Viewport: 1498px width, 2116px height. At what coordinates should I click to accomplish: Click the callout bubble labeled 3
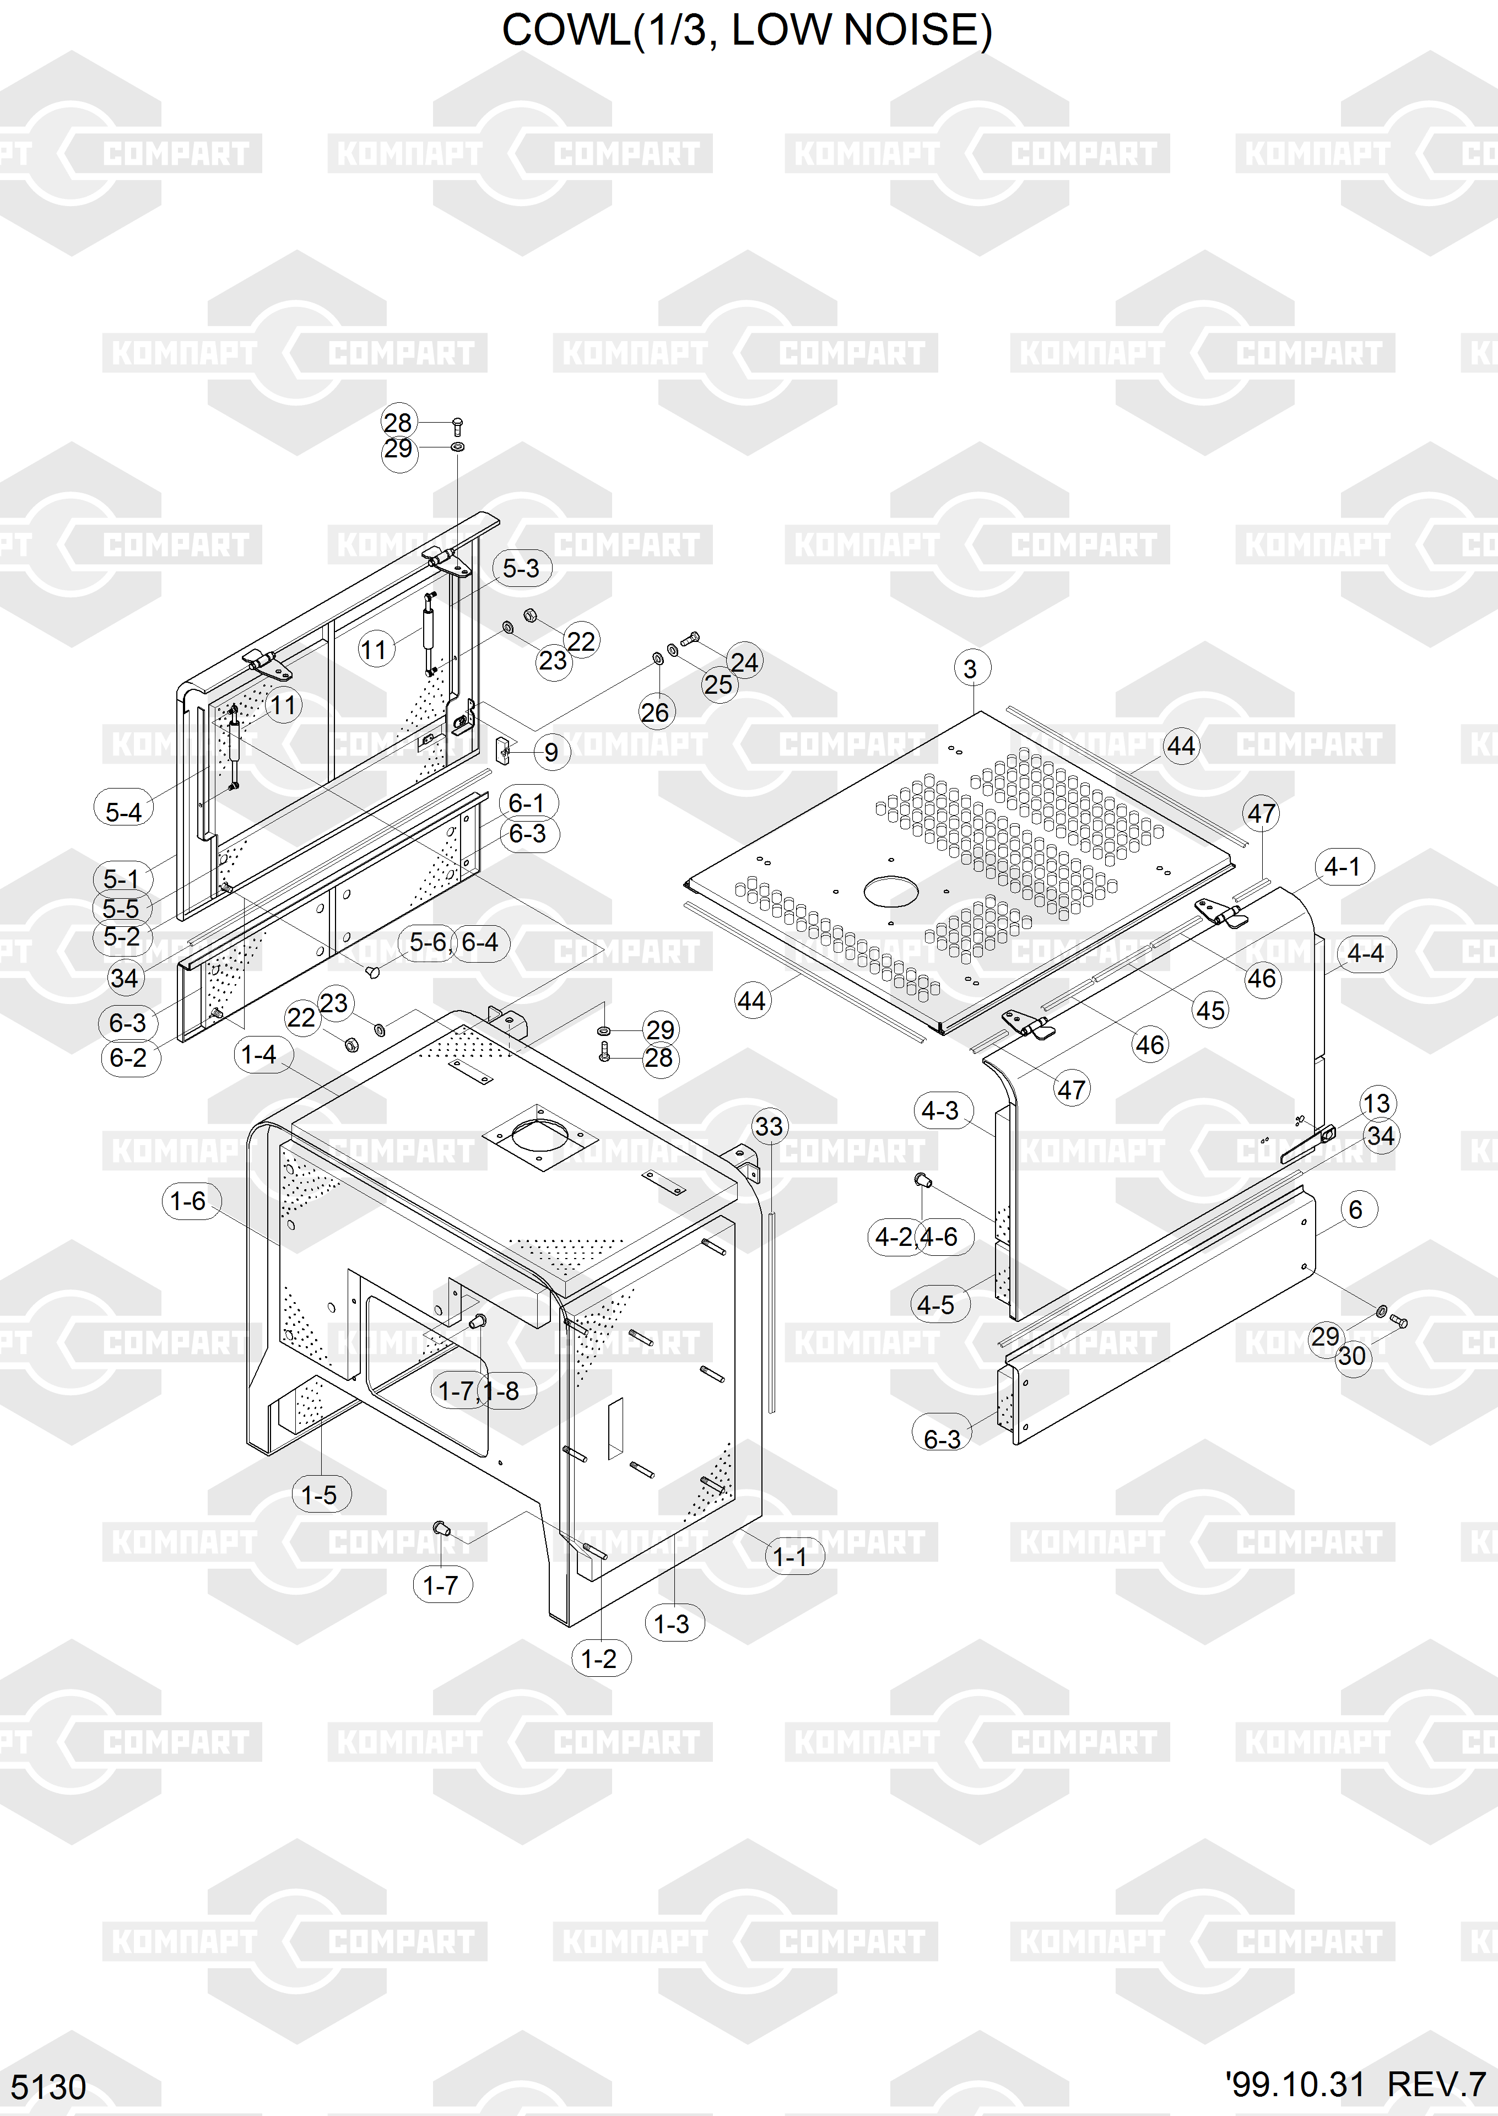click(x=970, y=669)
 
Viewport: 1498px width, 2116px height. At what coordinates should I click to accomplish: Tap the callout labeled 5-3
click(x=521, y=568)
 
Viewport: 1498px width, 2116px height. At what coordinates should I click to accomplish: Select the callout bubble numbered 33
click(x=769, y=1126)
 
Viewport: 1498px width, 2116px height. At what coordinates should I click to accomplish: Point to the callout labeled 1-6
click(x=188, y=1201)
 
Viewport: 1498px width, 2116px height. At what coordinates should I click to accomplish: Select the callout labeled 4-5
click(x=936, y=1305)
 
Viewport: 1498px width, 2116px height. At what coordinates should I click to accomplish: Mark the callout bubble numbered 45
click(x=1210, y=1011)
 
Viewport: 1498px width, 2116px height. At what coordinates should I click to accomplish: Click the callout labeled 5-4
click(x=123, y=813)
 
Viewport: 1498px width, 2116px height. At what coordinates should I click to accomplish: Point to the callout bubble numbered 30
click(x=1352, y=1357)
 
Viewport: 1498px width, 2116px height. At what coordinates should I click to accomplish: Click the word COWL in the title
click(x=565, y=30)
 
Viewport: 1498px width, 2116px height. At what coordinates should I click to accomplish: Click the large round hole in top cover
click(x=890, y=891)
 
